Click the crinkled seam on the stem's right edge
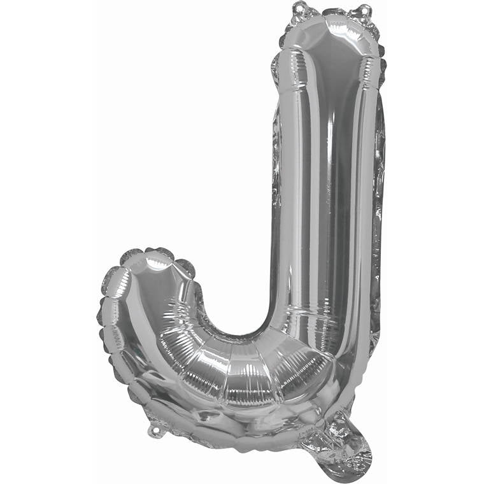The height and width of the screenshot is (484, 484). (x=379, y=191)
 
